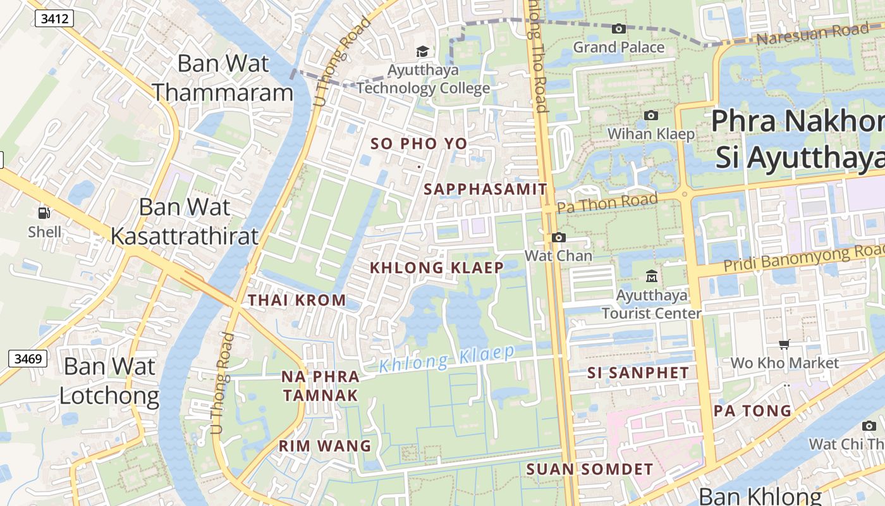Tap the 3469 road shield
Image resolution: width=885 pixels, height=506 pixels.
28,359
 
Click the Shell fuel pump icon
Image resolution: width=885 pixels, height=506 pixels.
44,213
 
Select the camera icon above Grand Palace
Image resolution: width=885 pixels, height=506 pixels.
619,28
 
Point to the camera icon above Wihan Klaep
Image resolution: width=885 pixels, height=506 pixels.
650,115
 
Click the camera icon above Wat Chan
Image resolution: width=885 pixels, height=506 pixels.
559,237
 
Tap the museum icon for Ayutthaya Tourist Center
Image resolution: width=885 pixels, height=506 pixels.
651,276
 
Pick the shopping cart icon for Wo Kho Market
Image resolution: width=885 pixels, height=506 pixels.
784,344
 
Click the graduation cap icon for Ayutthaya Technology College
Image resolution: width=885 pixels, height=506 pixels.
422,51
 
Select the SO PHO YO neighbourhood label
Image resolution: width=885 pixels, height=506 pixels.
418,144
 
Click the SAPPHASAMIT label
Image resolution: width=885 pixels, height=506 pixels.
485,189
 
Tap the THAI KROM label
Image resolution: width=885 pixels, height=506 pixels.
297,300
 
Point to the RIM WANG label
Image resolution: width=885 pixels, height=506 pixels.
325,446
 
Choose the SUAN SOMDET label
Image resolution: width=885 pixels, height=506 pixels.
589,469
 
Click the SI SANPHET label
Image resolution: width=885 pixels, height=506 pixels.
638,373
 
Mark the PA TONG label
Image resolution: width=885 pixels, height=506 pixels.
752,411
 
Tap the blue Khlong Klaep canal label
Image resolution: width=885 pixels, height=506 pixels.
447,358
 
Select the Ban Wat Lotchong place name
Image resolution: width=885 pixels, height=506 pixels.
109,381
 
